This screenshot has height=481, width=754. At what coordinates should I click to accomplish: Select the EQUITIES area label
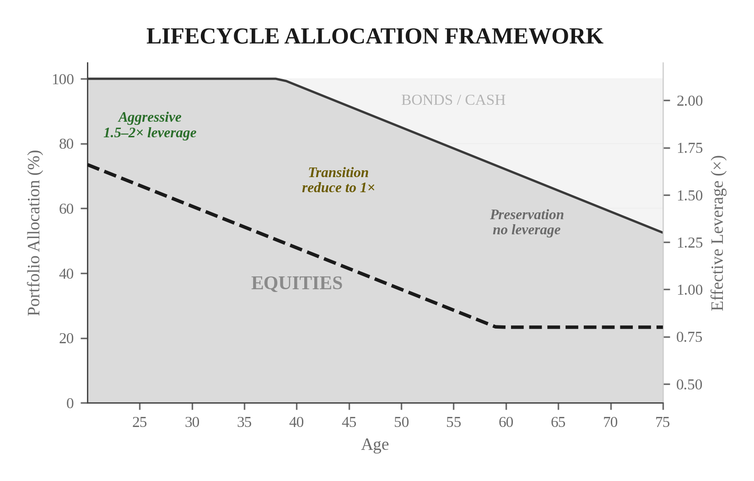point(296,283)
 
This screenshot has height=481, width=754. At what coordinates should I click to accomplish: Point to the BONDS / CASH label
point(453,100)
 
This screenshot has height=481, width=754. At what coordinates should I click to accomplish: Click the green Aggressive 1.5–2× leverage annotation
point(150,125)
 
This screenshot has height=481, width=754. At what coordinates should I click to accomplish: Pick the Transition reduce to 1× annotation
point(338,180)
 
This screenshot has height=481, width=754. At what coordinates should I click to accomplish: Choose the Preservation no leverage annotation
point(527,222)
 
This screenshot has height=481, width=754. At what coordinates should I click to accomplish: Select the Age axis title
point(375,444)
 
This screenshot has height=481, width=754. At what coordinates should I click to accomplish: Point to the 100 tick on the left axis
point(63,79)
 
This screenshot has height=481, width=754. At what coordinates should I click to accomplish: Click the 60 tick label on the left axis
point(66,209)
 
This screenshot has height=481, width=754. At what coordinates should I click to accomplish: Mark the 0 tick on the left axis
point(70,403)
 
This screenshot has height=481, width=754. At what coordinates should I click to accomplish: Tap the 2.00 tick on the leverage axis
point(689,101)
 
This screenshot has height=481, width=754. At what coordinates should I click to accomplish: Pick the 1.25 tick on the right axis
point(689,243)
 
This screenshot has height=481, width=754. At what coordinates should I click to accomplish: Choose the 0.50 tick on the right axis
point(689,384)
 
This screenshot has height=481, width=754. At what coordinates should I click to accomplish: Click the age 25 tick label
point(140,422)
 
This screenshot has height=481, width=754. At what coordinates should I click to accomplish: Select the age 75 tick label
point(662,422)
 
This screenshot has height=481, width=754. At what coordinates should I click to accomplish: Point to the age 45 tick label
point(349,422)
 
